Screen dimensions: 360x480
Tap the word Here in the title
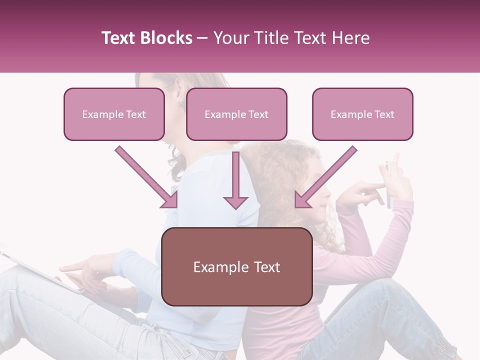350,38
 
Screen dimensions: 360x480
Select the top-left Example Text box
114,114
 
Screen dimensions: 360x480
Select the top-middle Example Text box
236,114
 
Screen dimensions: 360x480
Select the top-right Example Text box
362,114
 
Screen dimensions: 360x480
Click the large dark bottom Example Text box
237,266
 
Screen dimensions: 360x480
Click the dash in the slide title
203,38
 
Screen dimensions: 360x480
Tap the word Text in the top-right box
384,114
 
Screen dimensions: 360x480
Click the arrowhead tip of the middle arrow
235,207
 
